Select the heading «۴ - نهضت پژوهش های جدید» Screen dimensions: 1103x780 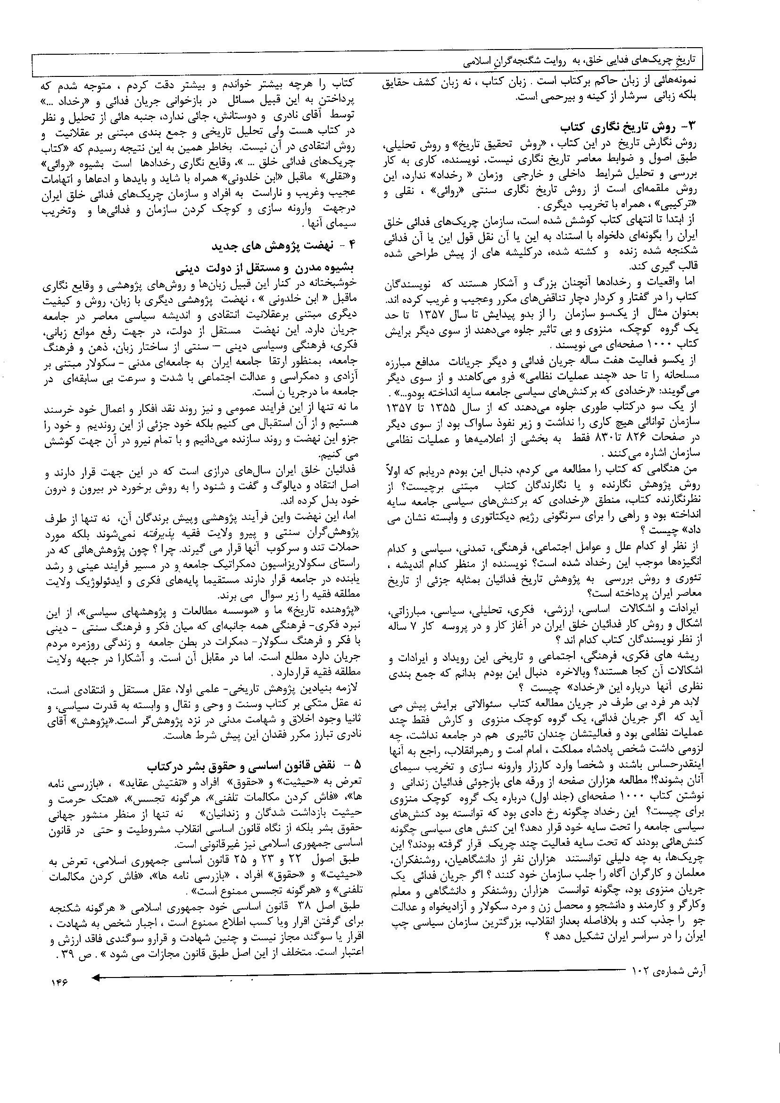pos(288,247)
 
